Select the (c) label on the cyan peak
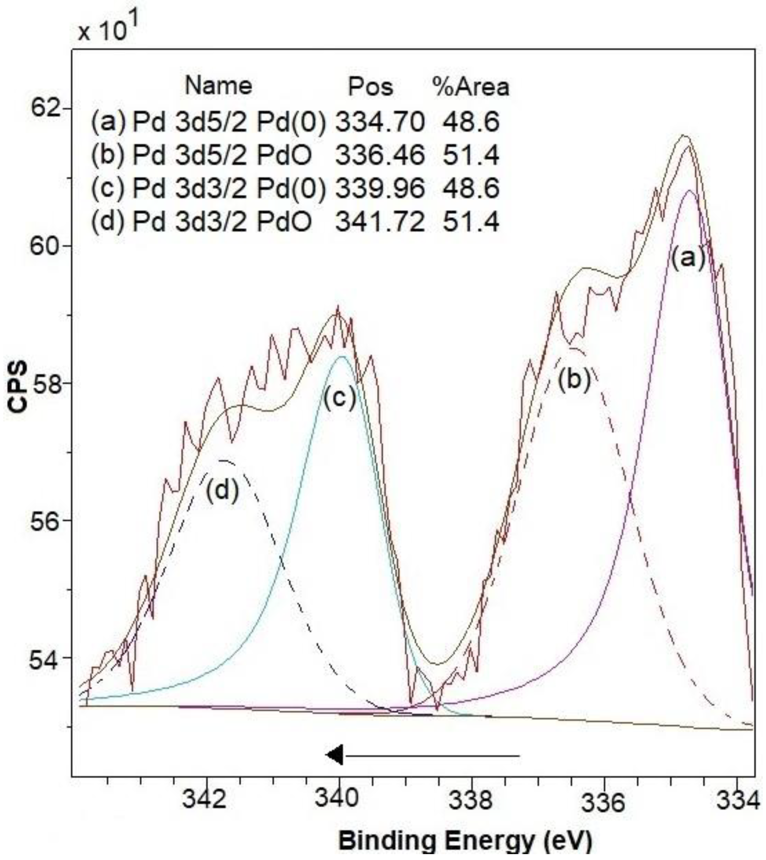point(340,398)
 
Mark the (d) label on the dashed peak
point(222,490)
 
